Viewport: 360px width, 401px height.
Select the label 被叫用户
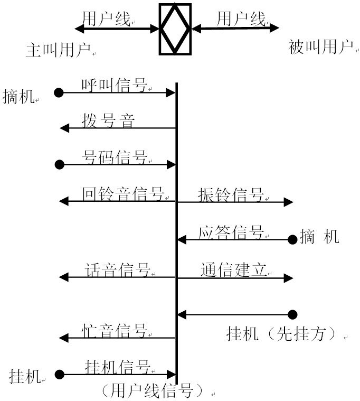click(320, 48)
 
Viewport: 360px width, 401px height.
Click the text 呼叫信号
click(114, 85)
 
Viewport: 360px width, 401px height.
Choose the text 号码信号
click(114, 157)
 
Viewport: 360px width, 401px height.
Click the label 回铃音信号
click(122, 193)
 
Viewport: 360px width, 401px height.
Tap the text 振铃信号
click(231, 194)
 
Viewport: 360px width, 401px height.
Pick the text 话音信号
click(117, 270)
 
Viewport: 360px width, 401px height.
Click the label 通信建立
click(232, 270)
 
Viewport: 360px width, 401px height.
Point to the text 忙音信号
click(114, 331)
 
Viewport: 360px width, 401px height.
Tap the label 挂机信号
click(117, 366)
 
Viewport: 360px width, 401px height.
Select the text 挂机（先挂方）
click(281, 334)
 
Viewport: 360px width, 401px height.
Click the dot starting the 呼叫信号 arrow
click(59, 93)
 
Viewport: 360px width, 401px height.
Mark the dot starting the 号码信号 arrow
click(59, 165)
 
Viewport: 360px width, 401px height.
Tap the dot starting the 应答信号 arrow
click(292, 240)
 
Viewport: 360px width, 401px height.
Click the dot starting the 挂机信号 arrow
click(59, 375)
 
